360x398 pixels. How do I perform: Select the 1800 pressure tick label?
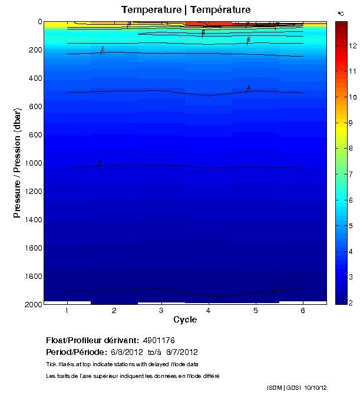point(34,276)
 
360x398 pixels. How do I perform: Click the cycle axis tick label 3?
point(161,311)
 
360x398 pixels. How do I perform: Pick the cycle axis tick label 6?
point(303,311)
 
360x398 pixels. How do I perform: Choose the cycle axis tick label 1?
point(68,311)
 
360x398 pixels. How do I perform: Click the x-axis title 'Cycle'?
point(185,320)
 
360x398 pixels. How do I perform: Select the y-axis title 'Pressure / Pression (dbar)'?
point(17,163)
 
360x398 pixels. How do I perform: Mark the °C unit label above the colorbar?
point(341,13)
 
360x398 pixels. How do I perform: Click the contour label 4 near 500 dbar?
point(249,88)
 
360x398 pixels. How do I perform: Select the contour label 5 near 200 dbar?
point(103,50)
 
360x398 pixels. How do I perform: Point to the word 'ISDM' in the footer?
point(275,387)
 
